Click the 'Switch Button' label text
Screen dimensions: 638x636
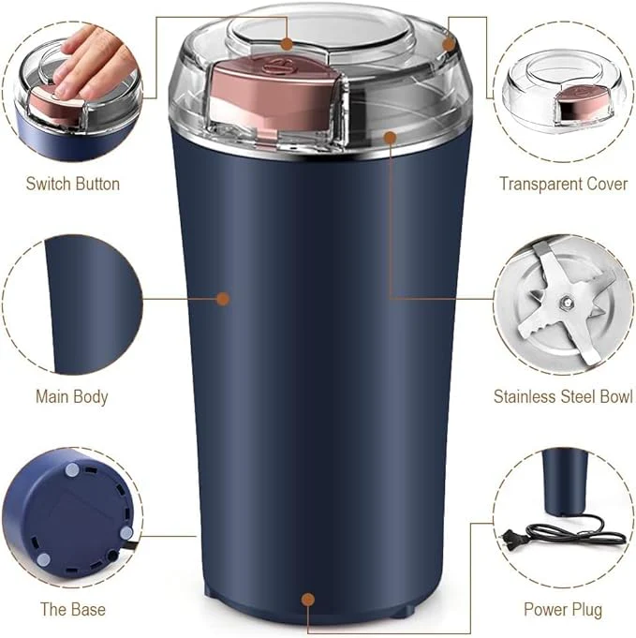coord(72,184)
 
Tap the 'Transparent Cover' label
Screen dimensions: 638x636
coord(563,184)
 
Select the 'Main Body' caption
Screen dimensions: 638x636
coord(72,396)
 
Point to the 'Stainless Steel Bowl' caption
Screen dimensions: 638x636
coord(562,396)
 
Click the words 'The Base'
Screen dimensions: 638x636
coord(72,609)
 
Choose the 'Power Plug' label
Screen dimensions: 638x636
coord(563,609)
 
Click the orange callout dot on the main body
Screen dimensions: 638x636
coord(223,299)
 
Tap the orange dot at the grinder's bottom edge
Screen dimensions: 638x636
coord(307,596)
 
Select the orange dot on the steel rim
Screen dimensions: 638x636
coord(391,138)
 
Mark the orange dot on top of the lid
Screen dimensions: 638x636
coord(286,43)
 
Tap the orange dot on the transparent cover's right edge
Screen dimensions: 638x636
coord(449,43)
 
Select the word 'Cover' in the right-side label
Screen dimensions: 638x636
coord(605,184)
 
